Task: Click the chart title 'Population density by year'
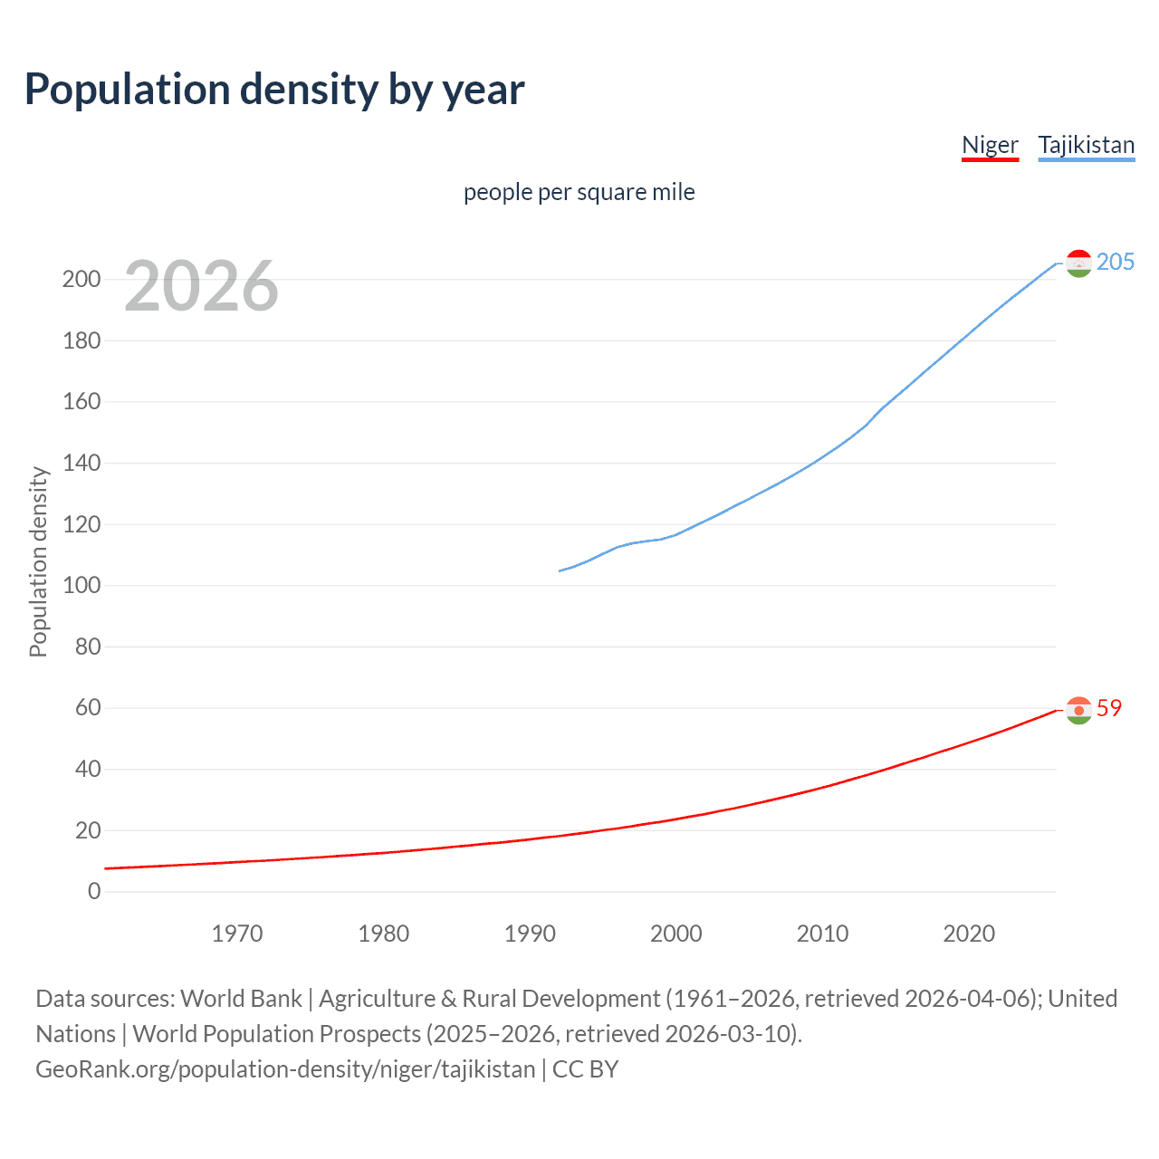274,90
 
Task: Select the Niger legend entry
990,145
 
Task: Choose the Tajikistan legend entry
1086,145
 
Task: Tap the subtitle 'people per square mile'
579,192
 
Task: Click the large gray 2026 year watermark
201,286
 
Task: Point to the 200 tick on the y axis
81,279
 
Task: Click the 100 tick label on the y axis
81,585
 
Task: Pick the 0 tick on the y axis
94,891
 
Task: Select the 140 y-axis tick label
81,463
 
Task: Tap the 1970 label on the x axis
237,934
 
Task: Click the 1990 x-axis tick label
530,934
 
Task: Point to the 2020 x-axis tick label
969,934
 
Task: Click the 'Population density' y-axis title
38,561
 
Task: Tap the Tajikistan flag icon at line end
1078,263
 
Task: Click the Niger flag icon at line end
1078,711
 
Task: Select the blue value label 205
1115,262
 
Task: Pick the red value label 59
1109,708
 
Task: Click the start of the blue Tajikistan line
560,570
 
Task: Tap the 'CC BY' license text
585,1068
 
